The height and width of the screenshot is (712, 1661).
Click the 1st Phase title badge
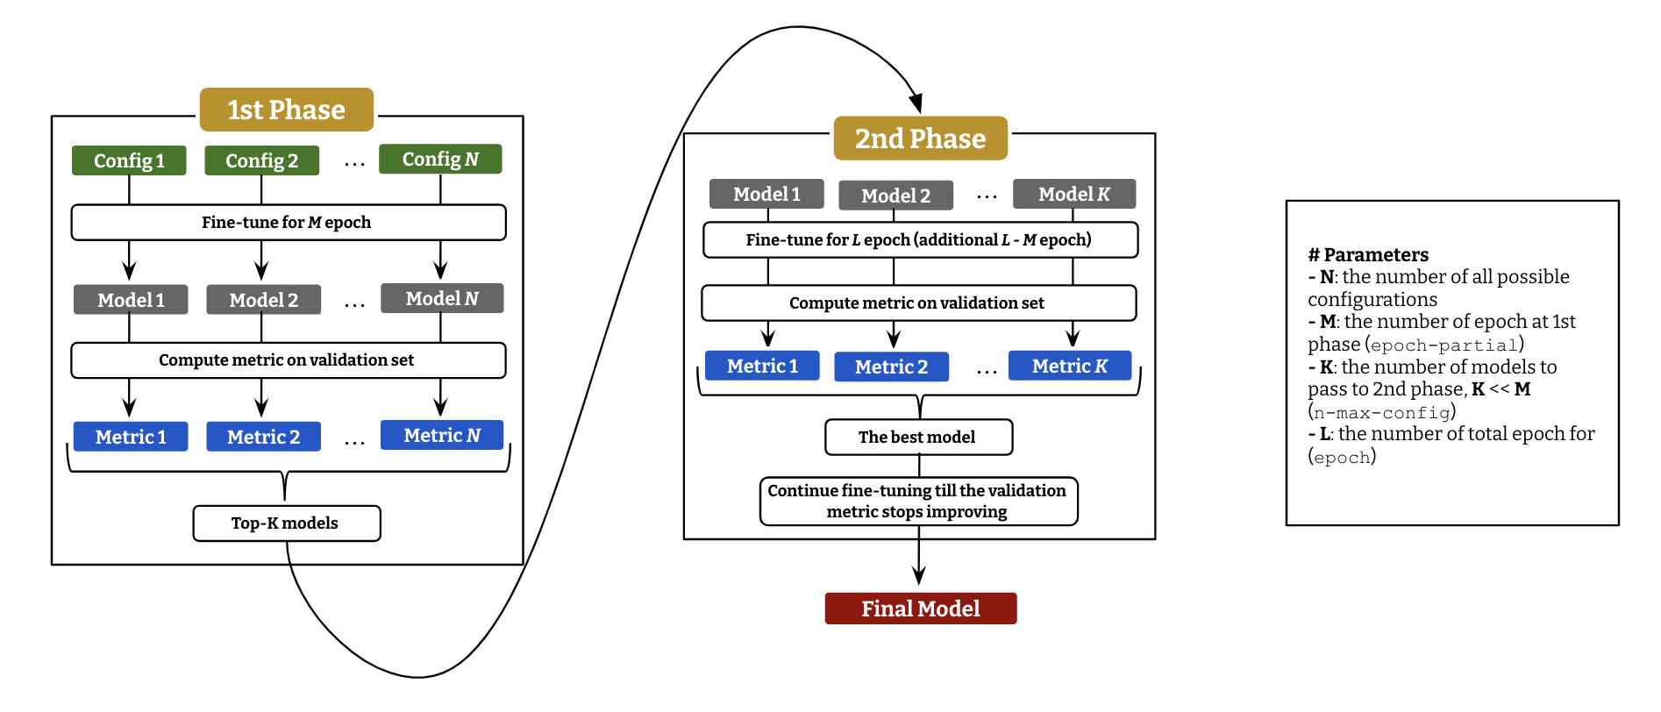click(x=286, y=110)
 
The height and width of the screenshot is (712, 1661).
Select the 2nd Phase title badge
click(x=920, y=139)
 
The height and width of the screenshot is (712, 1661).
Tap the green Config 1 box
click(x=129, y=160)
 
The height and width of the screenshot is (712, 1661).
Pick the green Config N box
click(x=440, y=159)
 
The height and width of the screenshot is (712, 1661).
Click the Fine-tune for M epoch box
click(x=288, y=223)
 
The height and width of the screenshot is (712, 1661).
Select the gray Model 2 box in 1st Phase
click(x=263, y=300)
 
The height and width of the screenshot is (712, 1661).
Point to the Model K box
click(x=1073, y=194)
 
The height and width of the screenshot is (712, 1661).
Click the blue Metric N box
click(x=441, y=435)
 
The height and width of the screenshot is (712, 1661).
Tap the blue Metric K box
click(x=1069, y=366)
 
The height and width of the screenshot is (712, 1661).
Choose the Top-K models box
click(x=286, y=523)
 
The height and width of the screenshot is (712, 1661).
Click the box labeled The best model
click(x=918, y=437)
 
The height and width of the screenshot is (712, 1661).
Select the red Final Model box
click(x=920, y=609)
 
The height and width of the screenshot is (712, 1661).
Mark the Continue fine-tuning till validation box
click(x=918, y=502)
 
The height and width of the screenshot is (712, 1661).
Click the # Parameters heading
click(x=1368, y=255)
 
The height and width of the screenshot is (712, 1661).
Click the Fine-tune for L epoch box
click(x=920, y=240)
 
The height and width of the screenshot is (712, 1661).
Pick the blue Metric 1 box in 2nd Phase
click(x=762, y=366)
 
